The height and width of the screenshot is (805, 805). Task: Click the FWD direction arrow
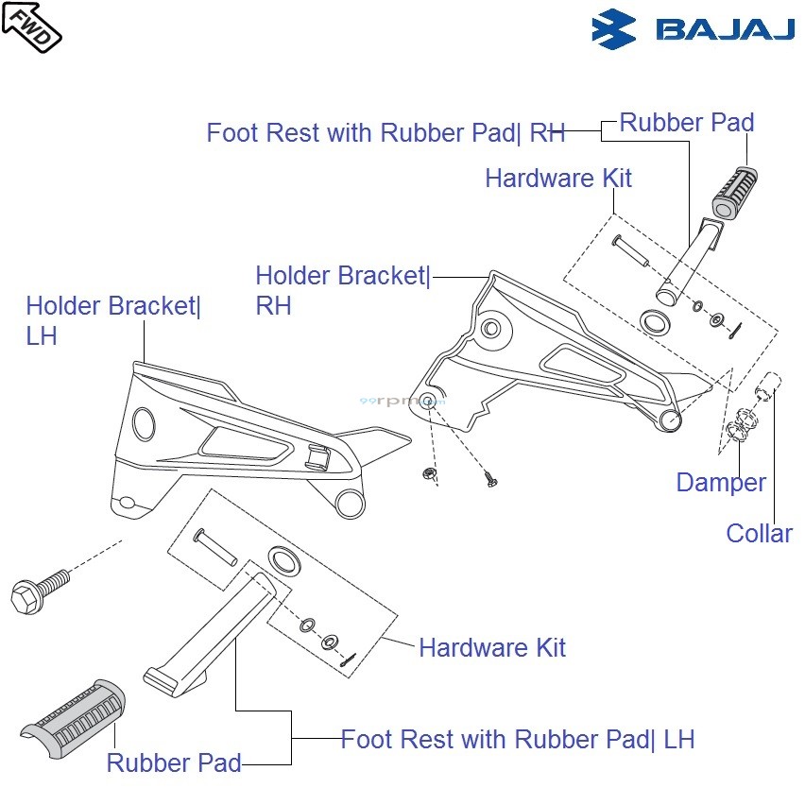pos(31,26)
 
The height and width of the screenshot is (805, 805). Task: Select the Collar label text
pos(759,534)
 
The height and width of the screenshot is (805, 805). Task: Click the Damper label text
pos(720,483)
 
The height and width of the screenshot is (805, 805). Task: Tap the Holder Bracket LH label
pos(112,320)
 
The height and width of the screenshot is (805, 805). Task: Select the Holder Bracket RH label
pos(342,290)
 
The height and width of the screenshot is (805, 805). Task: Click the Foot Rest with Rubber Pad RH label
pos(385,133)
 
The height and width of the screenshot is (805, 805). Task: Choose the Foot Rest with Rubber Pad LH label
pos(517,739)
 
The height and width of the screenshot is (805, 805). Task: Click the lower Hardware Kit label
pos(491,648)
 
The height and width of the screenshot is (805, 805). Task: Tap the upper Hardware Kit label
pos(557,179)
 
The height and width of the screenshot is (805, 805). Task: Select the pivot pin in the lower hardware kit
pos(214,547)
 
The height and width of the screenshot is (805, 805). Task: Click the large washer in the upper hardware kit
pos(652,322)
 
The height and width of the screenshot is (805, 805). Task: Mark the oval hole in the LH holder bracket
pos(143,422)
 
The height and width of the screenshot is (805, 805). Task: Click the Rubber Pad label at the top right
pos(686,123)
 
